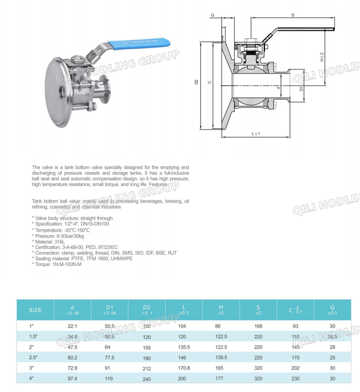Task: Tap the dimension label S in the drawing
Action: coord(293,15)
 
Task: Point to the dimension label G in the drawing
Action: coord(213,15)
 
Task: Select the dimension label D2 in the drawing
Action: coord(196,82)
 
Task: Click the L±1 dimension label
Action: coord(256,133)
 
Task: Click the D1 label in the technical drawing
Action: coord(301,89)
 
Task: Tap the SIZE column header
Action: coord(35,310)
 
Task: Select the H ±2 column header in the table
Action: coord(221,310)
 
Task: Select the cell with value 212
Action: coord(147,368)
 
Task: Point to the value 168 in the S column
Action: coord(258,326)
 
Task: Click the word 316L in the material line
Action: coord(60,241)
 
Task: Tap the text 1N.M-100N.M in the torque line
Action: coord(67,264)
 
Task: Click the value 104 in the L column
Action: coord(184,326)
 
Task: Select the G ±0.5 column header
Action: coord(332,310)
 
